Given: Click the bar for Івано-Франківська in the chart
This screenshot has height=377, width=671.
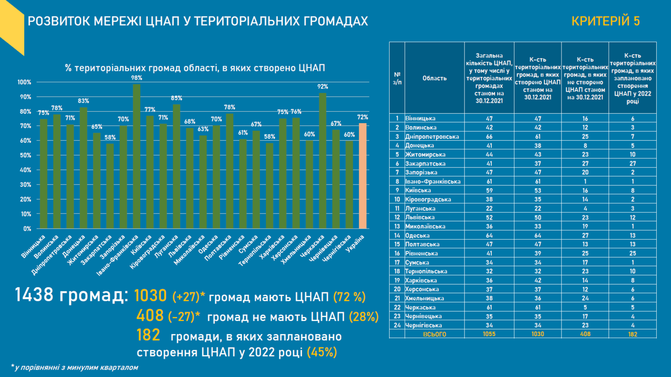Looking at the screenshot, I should [x=137, y=157].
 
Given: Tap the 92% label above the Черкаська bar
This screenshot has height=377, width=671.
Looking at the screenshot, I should [x=323, y=87].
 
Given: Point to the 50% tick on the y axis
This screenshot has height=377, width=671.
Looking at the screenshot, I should [x=24, y=155].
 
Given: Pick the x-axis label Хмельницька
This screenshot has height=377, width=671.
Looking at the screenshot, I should [x=300, y=247].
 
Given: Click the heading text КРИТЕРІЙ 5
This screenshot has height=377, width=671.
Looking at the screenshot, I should [x=605, y=21].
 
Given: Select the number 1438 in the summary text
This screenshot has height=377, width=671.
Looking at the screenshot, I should [x=34, y=295].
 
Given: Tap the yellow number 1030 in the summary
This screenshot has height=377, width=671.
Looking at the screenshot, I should [x=151, y=296].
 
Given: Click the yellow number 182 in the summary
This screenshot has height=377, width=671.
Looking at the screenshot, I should [x=148, y=335].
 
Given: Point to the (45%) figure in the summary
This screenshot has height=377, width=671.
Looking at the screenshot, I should [x=322, y=352].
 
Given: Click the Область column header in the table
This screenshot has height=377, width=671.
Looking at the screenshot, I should [x=434, y=78].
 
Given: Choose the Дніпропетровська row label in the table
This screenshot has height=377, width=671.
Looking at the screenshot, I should [x=432, y=136].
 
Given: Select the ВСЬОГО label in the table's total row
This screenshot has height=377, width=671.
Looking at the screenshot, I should [x=434, y=334].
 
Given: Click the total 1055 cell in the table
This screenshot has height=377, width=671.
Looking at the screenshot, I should [x=489, y=334].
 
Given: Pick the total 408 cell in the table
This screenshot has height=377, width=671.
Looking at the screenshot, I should [x=585, y=334].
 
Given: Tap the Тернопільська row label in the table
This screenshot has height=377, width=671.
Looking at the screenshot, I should [x=426, y=271].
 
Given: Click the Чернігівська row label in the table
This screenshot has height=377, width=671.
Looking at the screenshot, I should [x=424, y=326].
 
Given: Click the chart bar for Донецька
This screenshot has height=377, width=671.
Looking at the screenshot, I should [x=83, y=168].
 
